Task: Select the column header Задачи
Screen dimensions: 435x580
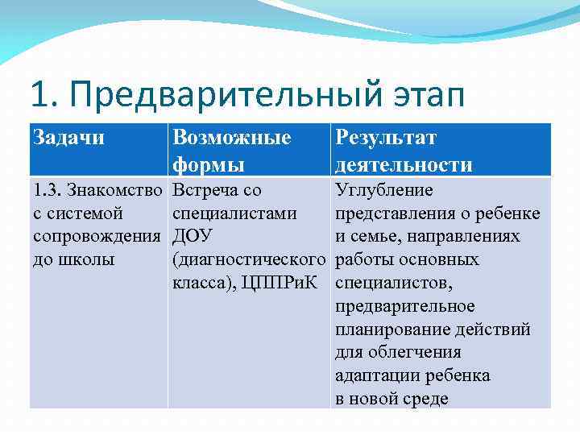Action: click(x=69, y=138)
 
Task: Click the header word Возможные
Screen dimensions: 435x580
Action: click(x=232, y=138)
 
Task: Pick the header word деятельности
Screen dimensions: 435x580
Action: click(x=404, y=165)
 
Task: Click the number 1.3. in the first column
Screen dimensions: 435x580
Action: click(x=48, y=191)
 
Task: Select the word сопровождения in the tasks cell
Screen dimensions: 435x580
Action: click(x=97, y=237)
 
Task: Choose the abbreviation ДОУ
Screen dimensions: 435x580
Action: click(x=193, y=237)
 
